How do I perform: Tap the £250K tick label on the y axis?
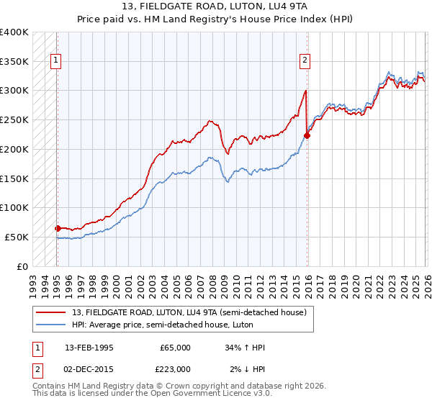(14, 119)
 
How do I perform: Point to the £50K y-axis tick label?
(17, 237)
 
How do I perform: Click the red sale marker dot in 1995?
(58, 228)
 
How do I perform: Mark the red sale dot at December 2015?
(307, 135)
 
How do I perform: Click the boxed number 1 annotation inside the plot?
(56, 61)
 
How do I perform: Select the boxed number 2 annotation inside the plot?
(305, 61)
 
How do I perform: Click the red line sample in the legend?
(52, 312)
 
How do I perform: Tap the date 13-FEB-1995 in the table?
(89, 348)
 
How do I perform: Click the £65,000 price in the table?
(176, 348)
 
